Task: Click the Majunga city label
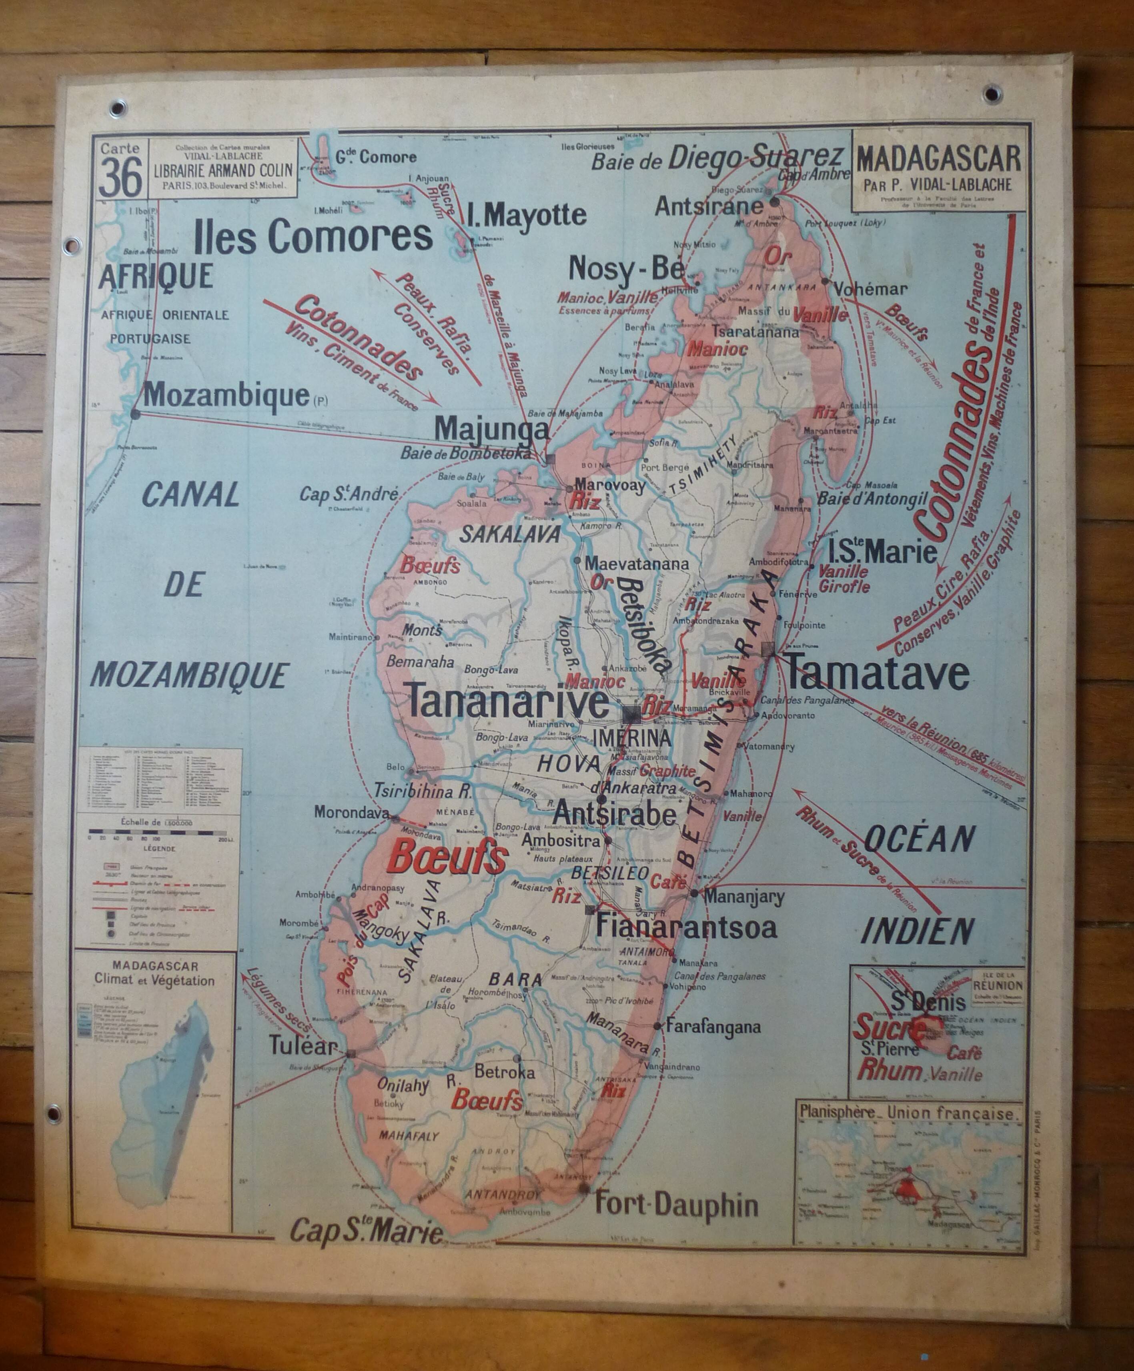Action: click(492, 429)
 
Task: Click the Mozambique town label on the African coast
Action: click(226, 394)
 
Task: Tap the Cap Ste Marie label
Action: click(366, 1231)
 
